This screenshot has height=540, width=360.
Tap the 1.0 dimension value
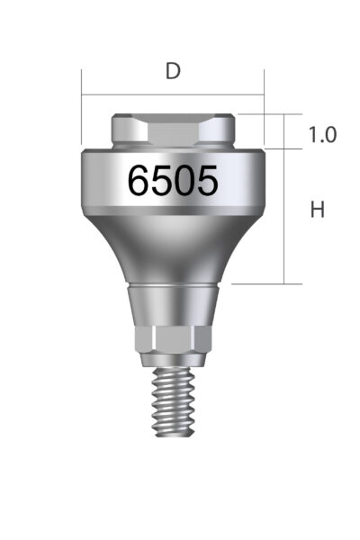(x=322, y=135)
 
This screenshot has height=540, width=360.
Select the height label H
(x=317, y=211)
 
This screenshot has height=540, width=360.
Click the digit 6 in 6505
(x=139, y=182)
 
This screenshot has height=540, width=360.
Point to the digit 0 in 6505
(x=184, y=182)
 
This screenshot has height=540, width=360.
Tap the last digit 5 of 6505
(x=206, y=182)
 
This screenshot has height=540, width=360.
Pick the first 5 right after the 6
(x=162, y=182)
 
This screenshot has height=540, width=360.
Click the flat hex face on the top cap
(x=172, y=130)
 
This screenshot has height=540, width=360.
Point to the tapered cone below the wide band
(x=172, y=247)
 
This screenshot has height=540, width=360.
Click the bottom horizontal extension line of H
(x=261, y=283)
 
